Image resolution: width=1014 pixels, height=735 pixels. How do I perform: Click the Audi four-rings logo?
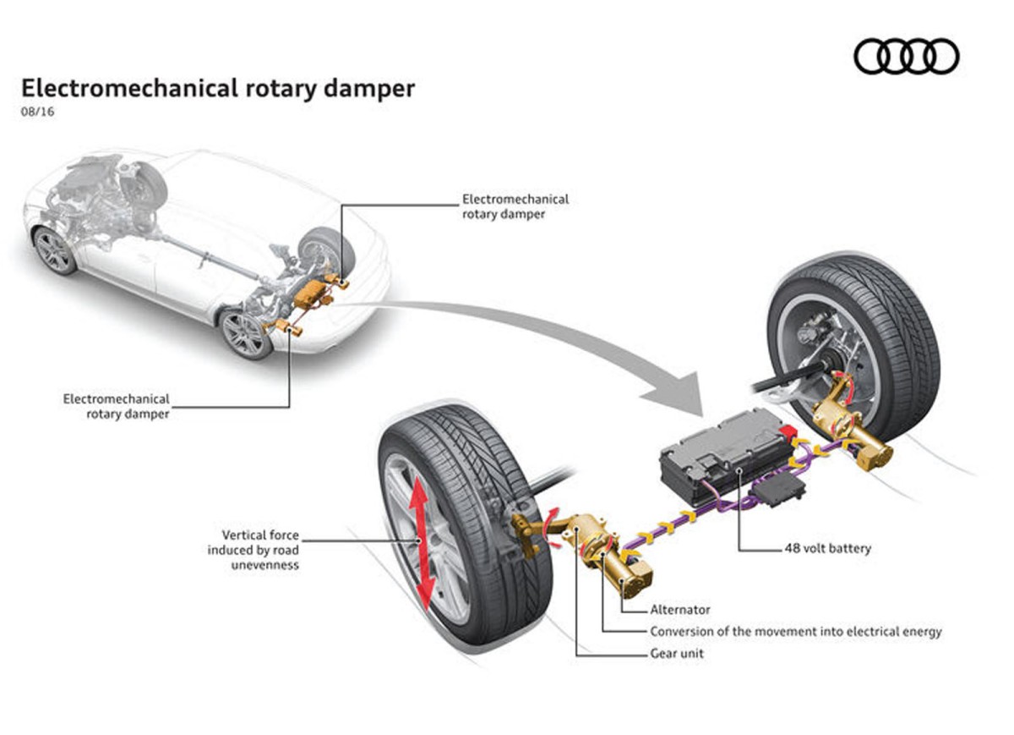[x=907, y=57]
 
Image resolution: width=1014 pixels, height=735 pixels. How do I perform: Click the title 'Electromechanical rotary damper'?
[x=218, y=89]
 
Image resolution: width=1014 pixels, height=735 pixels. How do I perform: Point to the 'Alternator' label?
[x=680, y=609]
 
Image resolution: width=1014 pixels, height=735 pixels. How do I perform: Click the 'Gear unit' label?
[x=677, y=653]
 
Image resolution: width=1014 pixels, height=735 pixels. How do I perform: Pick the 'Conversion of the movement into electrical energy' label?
[x=795, y=631]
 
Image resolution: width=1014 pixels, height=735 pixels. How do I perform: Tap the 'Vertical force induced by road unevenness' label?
[x=253, y=550]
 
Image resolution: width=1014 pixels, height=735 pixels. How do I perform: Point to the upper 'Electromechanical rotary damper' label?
[x=515, y=206]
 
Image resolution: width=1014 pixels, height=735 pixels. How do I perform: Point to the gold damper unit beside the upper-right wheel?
[x=853, y=431]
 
